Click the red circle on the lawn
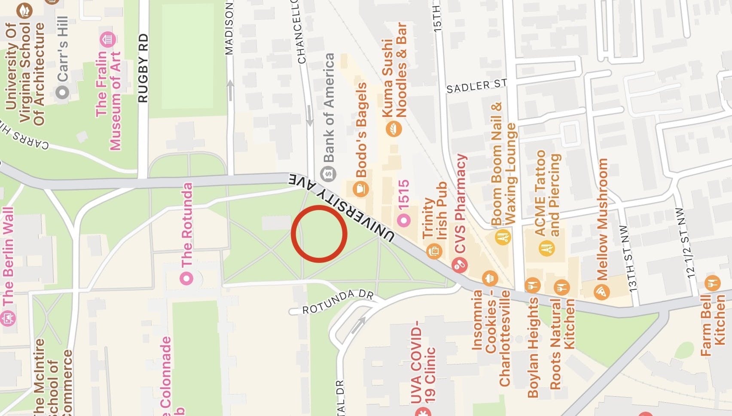319,233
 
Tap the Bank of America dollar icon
329,174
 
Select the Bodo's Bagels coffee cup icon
360,188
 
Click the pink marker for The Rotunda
187,278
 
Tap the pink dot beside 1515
404,220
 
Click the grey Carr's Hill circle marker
63,92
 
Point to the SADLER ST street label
476,86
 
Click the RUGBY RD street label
143,68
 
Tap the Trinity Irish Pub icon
434,251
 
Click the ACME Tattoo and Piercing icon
546,248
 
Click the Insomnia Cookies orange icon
490,278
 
